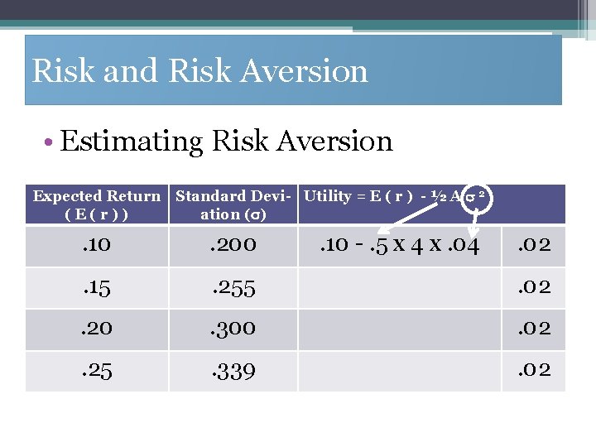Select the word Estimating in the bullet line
[130, 142]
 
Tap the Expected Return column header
[96, 204]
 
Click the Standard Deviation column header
[234, 204]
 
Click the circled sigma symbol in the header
[477, 197]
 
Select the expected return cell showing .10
[96, 245]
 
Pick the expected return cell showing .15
[96, 288]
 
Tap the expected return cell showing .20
[96, 329]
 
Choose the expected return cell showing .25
[96, 370]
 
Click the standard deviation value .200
[233, 245]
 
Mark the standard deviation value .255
[233, 288]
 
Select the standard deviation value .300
[233, 329]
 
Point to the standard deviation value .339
[233, 370]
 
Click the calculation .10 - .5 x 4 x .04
[398, 246]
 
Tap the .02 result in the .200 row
[534, 245]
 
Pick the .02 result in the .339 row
[534, 369]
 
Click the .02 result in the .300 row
[534, 329]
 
